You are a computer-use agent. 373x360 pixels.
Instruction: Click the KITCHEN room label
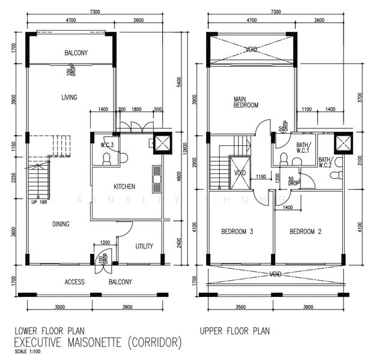pos(124,187)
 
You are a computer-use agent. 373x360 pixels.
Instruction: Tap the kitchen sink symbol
pos(157,179)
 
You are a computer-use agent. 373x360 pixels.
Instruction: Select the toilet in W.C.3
pos(106,159)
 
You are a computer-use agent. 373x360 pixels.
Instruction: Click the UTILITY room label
pos(144,246)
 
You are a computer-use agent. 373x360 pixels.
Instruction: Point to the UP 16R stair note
pos(39,202)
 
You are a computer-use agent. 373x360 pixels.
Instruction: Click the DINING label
pos(61,224)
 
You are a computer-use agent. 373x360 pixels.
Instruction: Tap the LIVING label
pos(69,97)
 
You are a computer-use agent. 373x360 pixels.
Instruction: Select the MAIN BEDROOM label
pos(246,102)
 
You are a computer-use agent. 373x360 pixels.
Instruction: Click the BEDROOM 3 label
pos(237,232)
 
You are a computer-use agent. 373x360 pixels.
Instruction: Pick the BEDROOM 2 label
pos(306,232)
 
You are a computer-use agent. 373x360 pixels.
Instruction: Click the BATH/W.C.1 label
pos(303,148)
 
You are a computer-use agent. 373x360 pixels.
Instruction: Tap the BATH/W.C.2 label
pos(325,162)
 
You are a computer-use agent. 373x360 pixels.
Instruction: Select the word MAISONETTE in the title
pos(94,343)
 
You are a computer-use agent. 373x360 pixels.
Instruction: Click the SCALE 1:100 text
pos(28,352)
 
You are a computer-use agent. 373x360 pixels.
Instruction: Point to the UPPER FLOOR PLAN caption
pos(235,331)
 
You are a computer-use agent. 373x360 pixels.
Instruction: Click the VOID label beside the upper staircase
pos(240,173)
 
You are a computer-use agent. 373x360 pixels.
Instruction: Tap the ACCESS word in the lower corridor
pos(74,282)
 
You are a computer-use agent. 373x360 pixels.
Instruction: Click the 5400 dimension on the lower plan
pos(180,82)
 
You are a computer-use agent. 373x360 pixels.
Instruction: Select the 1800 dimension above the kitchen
pos(136,109)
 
